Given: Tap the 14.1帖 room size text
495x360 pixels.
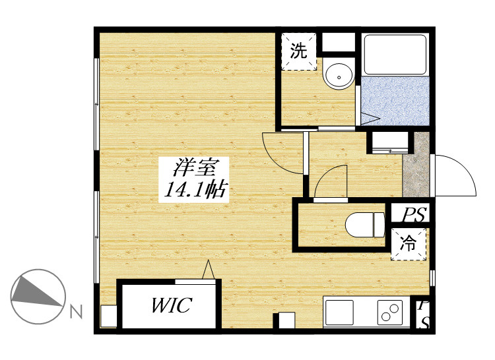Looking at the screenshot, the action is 195,190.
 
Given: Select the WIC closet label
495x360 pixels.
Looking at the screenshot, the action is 171,305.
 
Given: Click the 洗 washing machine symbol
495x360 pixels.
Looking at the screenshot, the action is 298,51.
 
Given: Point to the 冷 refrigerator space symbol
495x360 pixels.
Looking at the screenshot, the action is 408,244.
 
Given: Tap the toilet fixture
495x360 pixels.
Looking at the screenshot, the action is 365,225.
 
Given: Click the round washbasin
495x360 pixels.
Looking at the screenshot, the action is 339,76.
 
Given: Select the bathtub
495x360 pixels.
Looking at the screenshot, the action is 395,54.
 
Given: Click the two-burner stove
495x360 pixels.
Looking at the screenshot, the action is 390,312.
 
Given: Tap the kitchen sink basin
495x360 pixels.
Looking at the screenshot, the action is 339,312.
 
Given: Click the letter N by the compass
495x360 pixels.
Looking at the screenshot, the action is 76,311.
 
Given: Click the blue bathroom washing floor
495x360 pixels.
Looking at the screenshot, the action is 395,101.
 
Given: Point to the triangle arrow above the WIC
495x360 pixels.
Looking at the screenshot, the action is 209,270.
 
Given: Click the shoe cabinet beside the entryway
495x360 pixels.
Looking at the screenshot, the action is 390,143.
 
